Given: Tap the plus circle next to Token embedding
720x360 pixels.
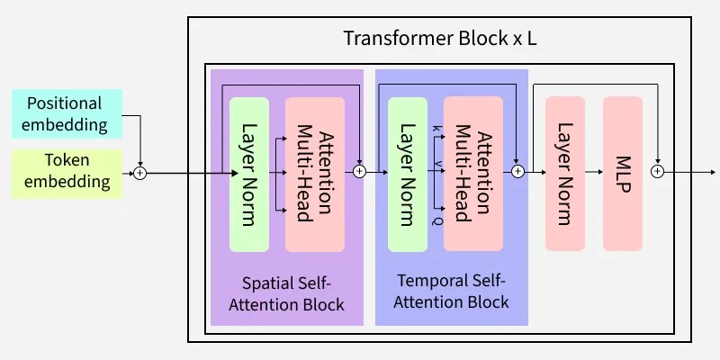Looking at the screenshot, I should (x=139, y=172).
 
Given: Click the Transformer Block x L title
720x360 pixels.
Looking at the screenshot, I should (x=440, y=40).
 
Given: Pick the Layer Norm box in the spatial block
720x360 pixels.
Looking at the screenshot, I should (x=249, y=173).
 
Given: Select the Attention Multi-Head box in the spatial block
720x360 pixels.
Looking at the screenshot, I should (x=315, y=173).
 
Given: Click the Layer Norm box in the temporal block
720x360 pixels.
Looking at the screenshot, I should (x=407, y=173).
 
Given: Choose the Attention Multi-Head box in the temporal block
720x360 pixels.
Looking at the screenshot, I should (x=473, y=173).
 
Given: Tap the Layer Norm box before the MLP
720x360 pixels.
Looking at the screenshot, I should (x=565, y=173).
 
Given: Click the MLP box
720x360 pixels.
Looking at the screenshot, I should (x=624, y=173).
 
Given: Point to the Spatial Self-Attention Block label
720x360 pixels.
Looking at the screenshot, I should (x=286, y=292).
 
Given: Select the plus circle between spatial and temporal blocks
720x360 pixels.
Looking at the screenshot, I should (x=360, y=171).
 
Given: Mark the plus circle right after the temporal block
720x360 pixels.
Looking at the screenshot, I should (x=517, y=171).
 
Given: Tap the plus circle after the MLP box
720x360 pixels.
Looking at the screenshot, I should (x=657, y=171).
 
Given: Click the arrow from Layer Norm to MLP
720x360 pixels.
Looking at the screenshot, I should (x=593, y=172).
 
